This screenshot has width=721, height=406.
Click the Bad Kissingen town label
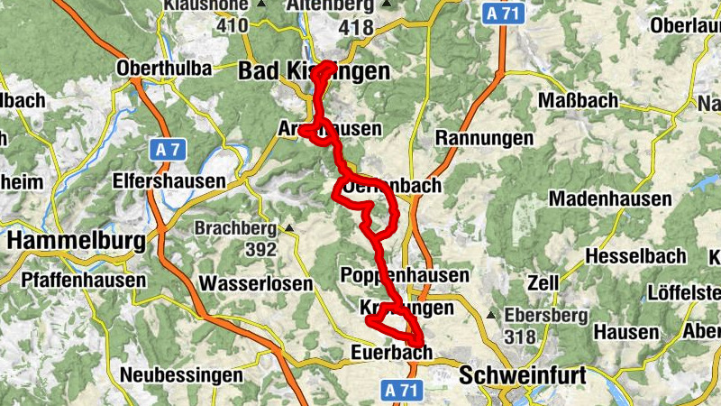pos(314,72)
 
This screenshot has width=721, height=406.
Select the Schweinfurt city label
pos(523,374)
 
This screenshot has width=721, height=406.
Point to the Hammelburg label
pos(77,242)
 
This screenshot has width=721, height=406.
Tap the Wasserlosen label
pos(255,283)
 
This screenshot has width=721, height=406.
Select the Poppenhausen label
pos(406,275)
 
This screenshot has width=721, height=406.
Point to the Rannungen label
pos(485,138)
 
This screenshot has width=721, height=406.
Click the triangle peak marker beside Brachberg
pos(289,228)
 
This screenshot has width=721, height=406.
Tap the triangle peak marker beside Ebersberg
pos(490,316)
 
